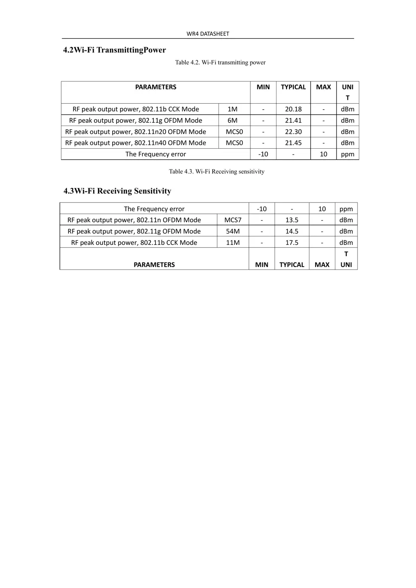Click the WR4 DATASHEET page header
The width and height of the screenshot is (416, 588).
(208, 34)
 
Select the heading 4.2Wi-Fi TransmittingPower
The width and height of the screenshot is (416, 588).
(114, 50)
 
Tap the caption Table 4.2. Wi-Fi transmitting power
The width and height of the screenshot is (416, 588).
(220, 63)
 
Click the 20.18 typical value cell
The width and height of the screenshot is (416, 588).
(293, 109)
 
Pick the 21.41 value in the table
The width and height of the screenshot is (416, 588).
(293, 121)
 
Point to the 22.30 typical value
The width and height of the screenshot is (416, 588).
(293, 132)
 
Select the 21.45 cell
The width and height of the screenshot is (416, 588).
(293, 143)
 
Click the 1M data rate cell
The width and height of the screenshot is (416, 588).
(232, 109)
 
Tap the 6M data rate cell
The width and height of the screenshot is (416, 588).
(232, 121)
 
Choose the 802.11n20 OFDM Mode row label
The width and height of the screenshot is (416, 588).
(135, 132)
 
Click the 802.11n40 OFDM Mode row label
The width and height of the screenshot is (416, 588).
(135, 143)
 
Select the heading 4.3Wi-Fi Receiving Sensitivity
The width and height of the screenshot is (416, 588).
(117, 191)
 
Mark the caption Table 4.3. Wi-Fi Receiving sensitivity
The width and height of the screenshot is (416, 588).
(216, 171)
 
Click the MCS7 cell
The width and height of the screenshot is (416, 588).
(233, 220)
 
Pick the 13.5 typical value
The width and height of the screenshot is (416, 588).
(292, 220)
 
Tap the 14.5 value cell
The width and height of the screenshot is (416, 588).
(292, 231)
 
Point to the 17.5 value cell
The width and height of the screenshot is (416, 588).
(292, 243)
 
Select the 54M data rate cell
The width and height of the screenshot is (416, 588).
(233, 231)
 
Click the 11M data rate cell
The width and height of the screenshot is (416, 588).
(233, 243)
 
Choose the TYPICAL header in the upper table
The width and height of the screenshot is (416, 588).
(293, 87)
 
